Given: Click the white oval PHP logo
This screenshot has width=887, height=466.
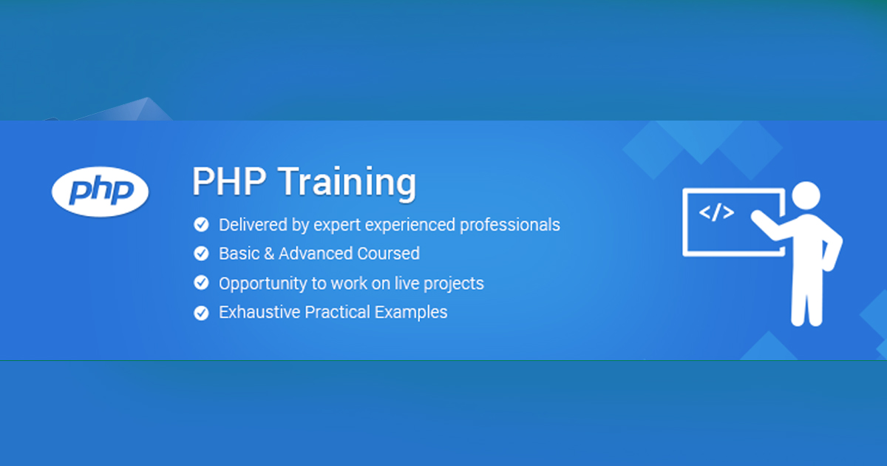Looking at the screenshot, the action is tap(101, 192).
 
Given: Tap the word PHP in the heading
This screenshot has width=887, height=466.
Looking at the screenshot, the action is tap(229, 181).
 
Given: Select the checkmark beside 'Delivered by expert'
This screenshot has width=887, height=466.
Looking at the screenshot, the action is tap(201, 224).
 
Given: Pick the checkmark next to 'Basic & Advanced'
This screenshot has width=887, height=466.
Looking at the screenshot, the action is tap(201, 253).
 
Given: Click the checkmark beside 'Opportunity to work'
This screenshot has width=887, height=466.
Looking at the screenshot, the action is tap(201, 283).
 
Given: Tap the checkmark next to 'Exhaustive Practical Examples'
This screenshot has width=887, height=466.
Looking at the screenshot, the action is tap(201, 313).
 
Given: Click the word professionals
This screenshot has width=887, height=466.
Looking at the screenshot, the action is tap(509, 225).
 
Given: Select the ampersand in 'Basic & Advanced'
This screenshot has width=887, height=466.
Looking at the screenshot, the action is tap(269, 254).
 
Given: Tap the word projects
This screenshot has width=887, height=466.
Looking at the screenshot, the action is tap(453, 284).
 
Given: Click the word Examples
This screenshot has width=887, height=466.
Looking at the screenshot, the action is tap(411, 313).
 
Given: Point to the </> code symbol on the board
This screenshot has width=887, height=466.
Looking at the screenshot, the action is tap(716, 212).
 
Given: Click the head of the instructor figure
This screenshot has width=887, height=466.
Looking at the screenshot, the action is tap(806, 196).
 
